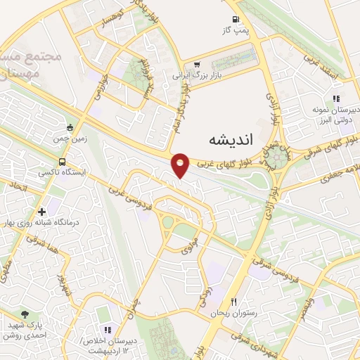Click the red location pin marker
[x=181, y=165]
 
